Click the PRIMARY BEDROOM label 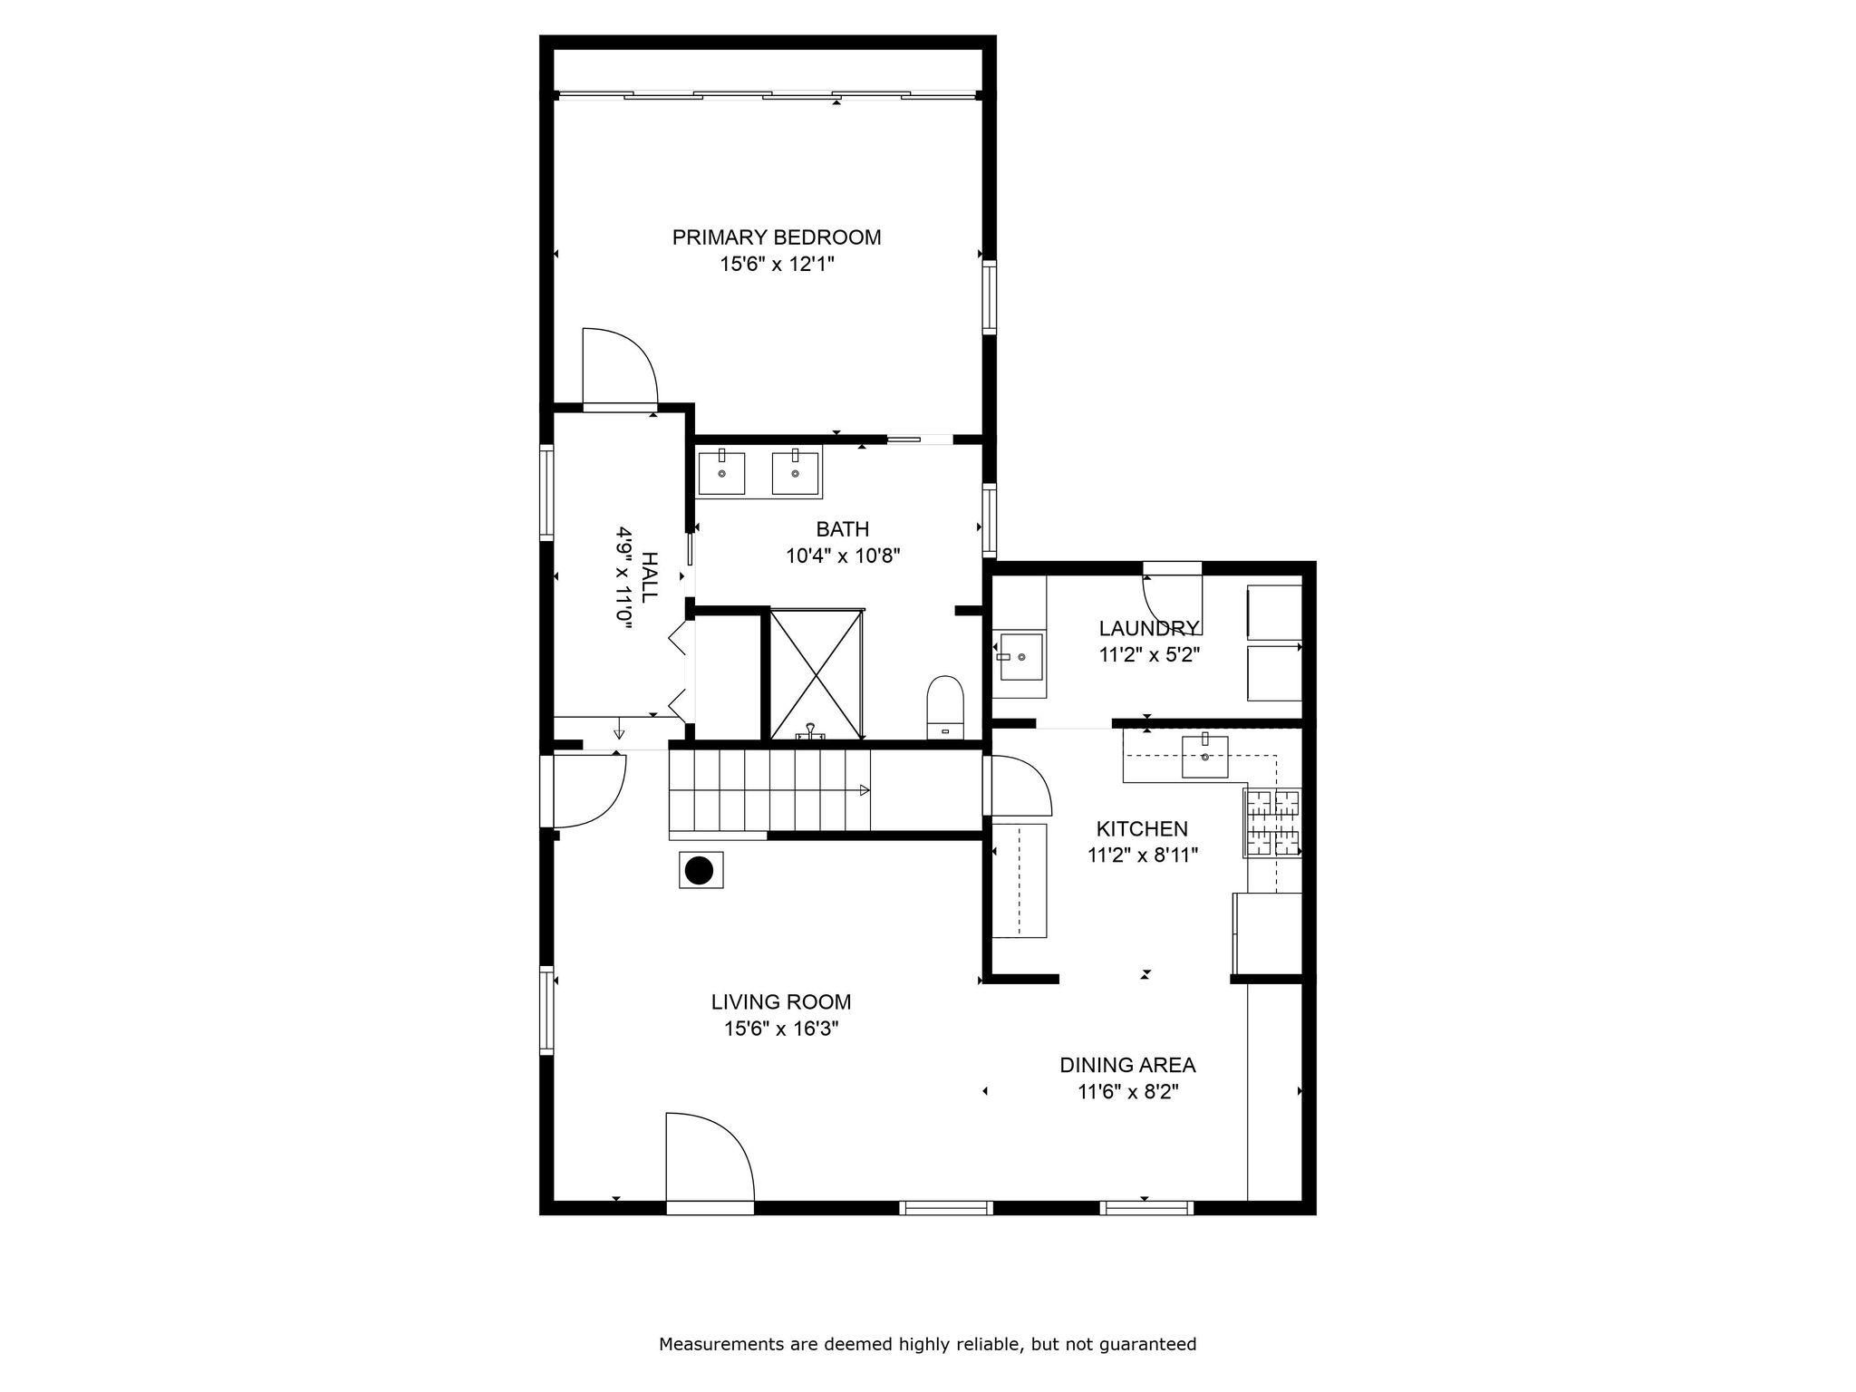click(776, 237)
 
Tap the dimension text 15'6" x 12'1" click(776, 265)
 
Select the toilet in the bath click(944, 708)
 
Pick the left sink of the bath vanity click(721, 473)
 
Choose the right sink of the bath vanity click(795, 473)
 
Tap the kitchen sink click(1204, 757)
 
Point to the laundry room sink click(1020, 656)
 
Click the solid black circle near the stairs click(699, 871)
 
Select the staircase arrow click(864, 790)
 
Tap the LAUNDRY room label click(1148, 628)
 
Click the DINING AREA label click(1127, 1065)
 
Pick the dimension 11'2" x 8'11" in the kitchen click(1143, 855)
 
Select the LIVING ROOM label click(780, 1001)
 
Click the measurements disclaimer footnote click(927, 1344)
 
